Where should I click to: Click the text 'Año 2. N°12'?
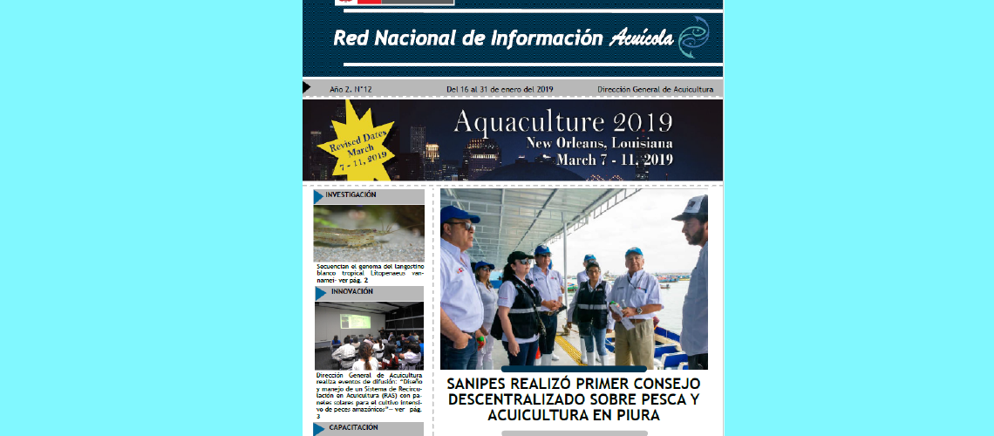coord(351,89)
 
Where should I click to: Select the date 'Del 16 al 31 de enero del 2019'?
coord(500,89)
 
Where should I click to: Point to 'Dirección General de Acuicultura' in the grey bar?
coord(655,89)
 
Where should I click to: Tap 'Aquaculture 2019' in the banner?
coord(562,121)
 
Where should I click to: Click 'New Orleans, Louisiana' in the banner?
coord(598,142)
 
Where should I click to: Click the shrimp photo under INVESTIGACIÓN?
coord(369,233)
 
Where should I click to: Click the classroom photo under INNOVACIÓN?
coord(369,335)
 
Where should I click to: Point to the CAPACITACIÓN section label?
coord(353,428)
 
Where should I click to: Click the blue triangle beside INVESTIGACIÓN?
coord(319,196)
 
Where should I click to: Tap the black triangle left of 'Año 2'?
coord(307,87)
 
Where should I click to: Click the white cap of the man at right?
coord(691,207)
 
